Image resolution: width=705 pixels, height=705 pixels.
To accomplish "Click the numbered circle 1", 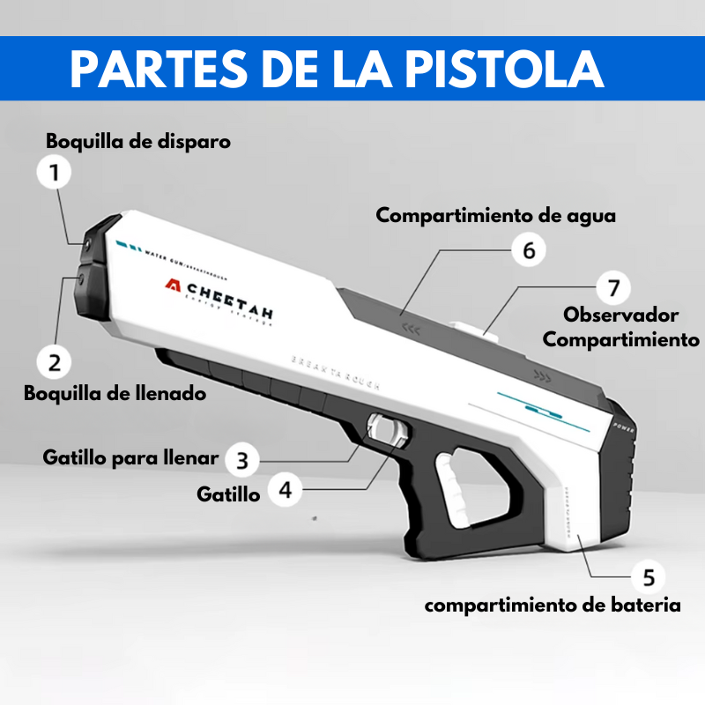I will point(55,172).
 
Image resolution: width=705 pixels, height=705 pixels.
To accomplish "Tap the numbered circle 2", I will point(55,360).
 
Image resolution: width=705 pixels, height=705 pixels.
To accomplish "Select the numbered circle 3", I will point(243,459).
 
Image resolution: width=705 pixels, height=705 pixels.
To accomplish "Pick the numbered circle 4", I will point(285,488).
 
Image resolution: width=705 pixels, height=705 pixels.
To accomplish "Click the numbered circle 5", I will point(649,577).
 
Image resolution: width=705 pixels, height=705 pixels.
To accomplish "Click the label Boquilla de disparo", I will point(138,141).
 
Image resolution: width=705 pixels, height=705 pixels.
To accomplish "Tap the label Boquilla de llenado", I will point(115,393).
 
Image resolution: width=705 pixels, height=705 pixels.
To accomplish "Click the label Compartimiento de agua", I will point(495,215).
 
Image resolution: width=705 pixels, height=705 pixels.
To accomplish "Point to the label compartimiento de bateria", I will point(553,605).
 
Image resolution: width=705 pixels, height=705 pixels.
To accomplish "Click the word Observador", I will point(620,315).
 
